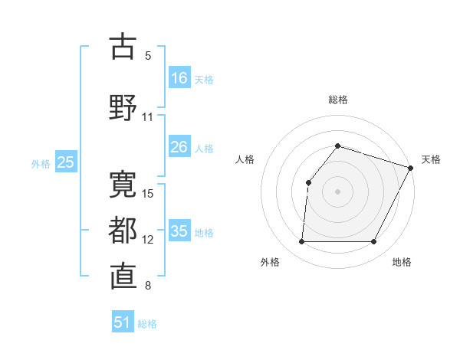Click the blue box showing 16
(x=179, y=77)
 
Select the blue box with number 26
(x=179, y=147)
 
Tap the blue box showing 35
(x=179, y=231)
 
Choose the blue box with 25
(x=65, y=162)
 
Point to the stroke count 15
(x=149, y=193)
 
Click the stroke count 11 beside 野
(x=148, y=117)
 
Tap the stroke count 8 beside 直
(x=148, y=286)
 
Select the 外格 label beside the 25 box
(x=41, y=163)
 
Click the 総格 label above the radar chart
(x=338, y=100)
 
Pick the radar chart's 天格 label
(x=431, y=159)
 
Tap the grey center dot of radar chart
(x=337, y=191)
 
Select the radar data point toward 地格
(x=374, y=242)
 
